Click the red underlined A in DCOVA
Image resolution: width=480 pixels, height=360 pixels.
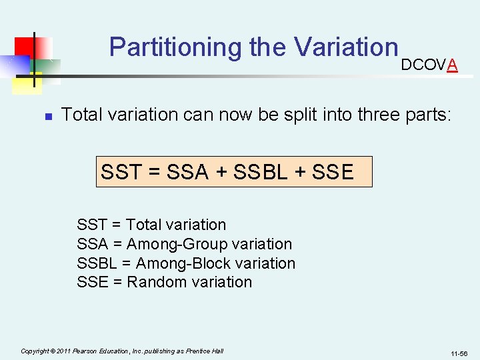[x=453, y=65]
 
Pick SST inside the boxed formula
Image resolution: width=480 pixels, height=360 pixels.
[x=121, y=172]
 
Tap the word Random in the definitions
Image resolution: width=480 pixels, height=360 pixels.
[x=157, y=282]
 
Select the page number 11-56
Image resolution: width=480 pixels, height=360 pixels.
[x=459, y=353]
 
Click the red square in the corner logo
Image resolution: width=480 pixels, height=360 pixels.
[x=29, y=48]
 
